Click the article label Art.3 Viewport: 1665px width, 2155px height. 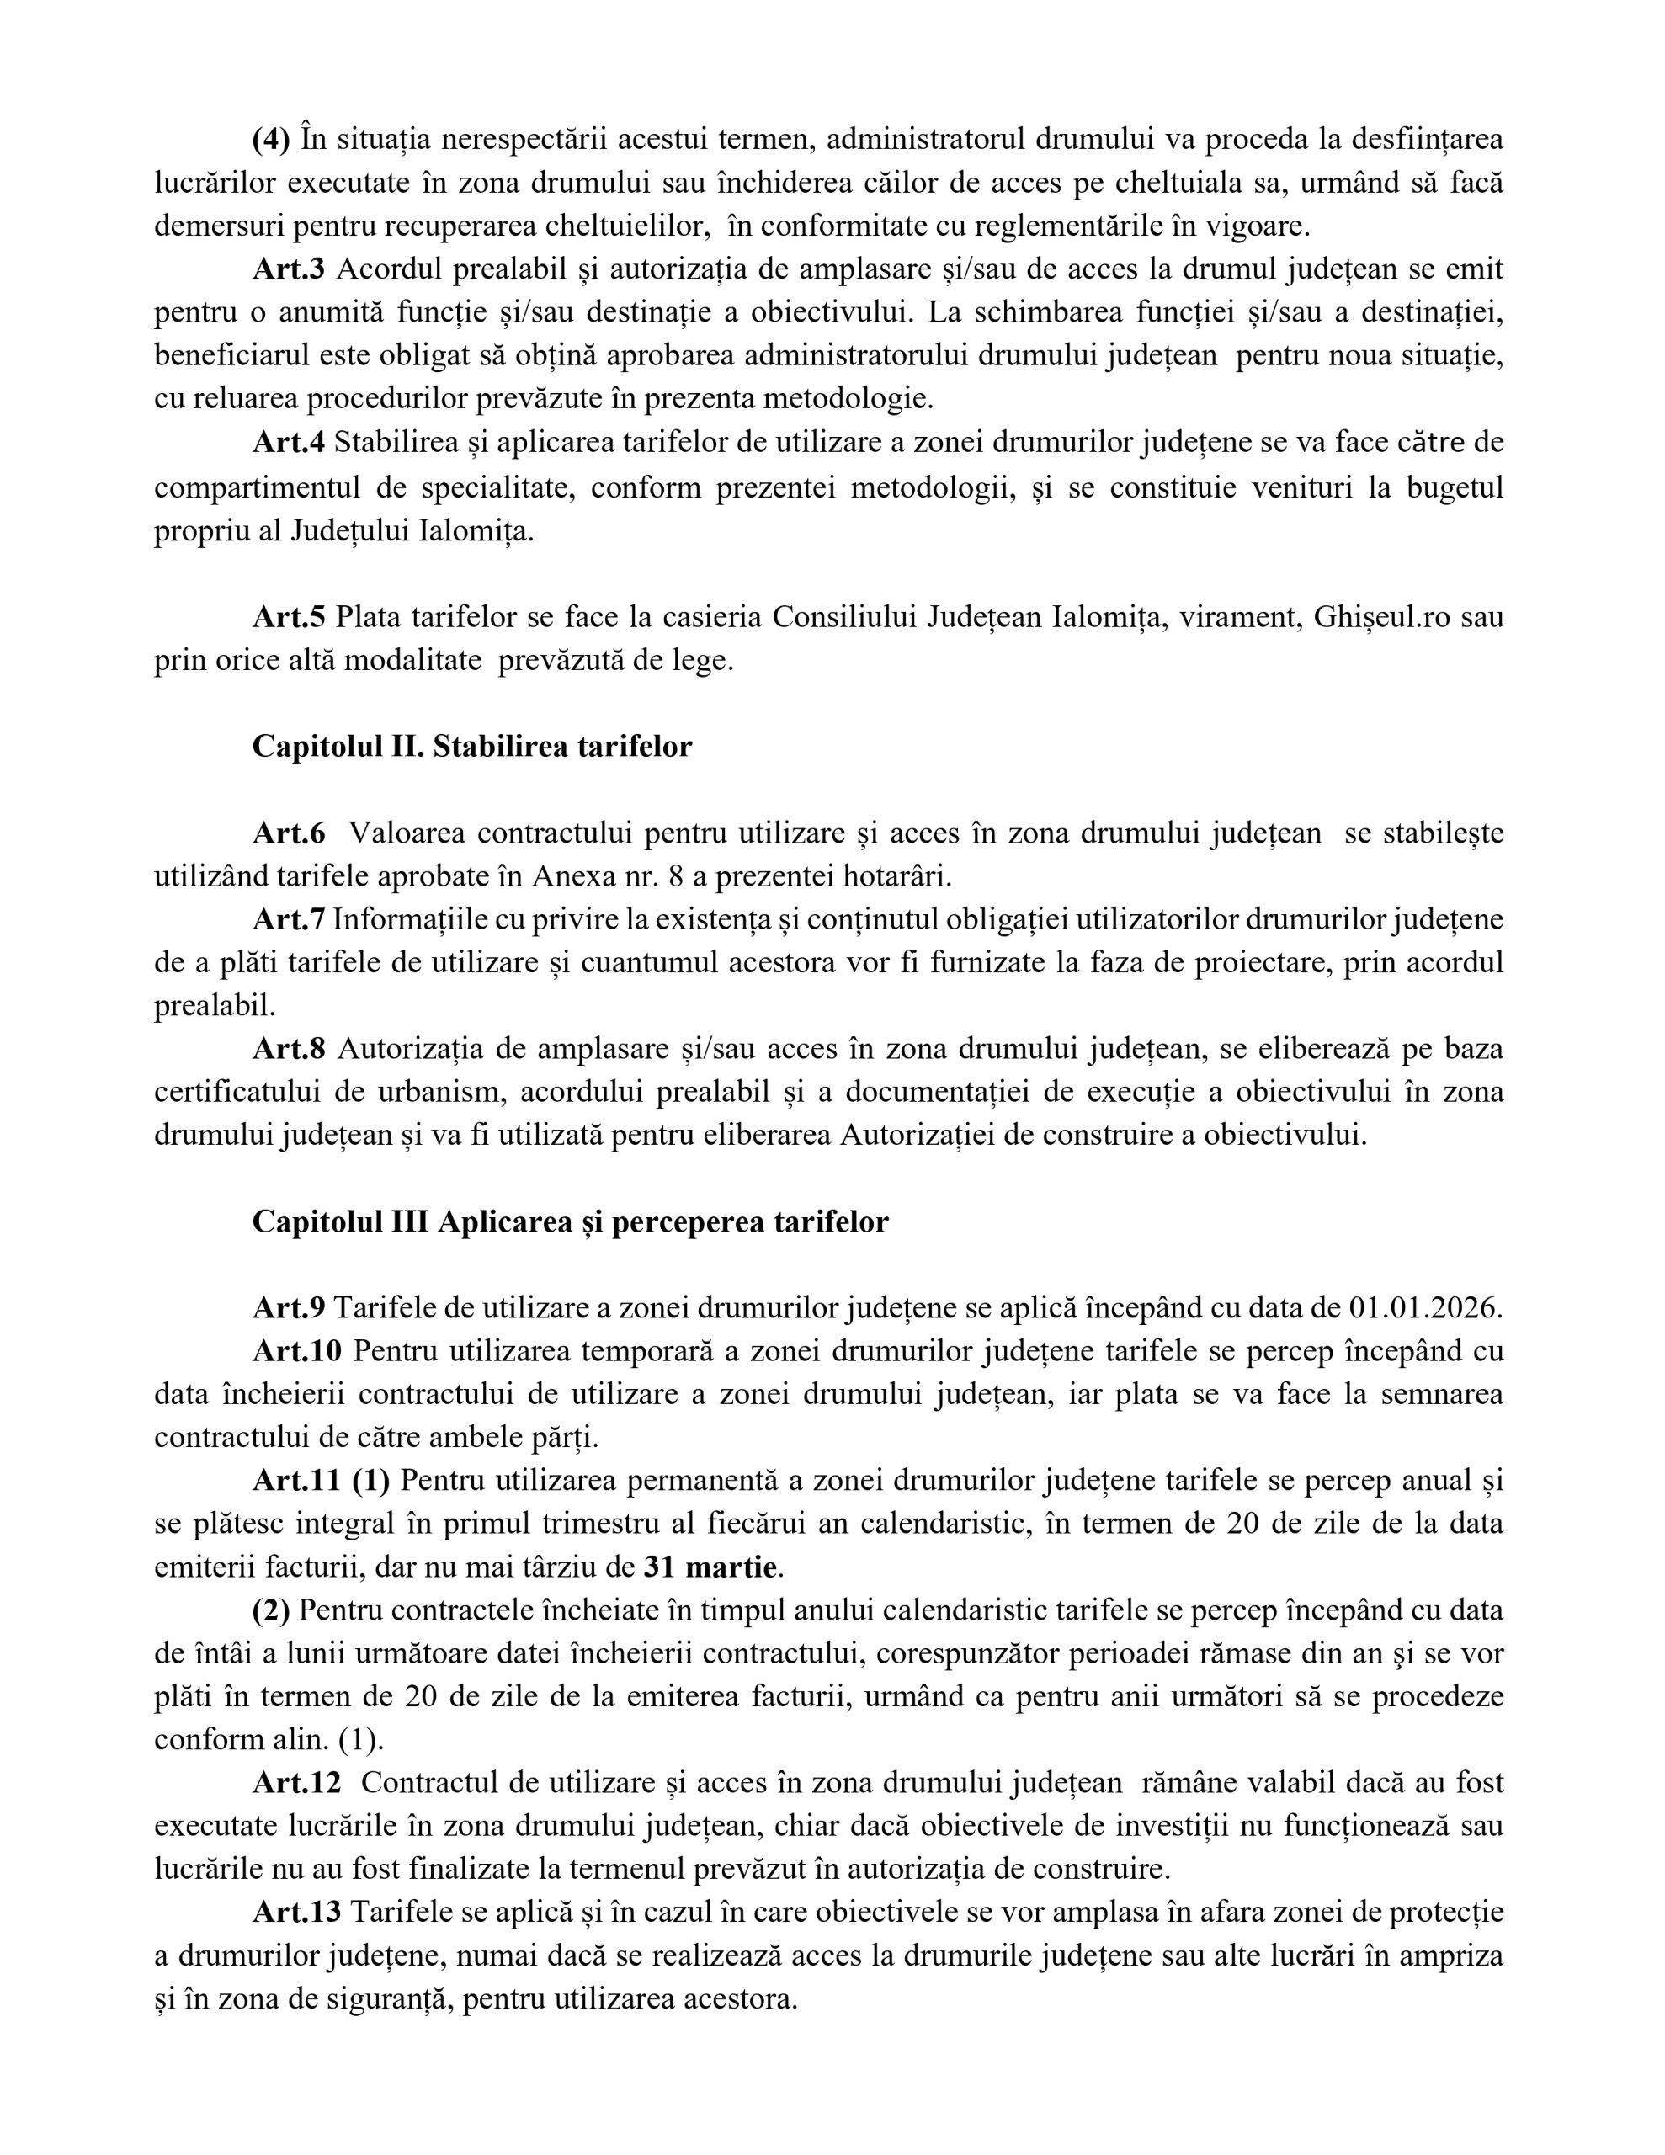(288, 269)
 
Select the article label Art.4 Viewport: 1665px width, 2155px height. (288, 442)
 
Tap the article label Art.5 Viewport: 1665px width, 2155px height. (288, 617)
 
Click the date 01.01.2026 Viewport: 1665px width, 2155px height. (1424, 1308)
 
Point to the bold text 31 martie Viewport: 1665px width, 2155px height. (711, 1567)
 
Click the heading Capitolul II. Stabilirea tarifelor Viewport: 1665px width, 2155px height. (471, 746)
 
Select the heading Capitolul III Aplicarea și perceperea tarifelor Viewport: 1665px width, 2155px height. (571, 1221)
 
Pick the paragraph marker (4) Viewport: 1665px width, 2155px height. (271, 139)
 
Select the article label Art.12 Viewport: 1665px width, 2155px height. (296, 1783)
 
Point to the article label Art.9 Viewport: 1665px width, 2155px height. (288, 1308)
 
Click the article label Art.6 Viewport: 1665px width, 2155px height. (288, 833)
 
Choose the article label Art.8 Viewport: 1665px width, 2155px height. (288, 1049)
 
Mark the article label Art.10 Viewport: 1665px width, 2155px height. (296, 1351)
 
